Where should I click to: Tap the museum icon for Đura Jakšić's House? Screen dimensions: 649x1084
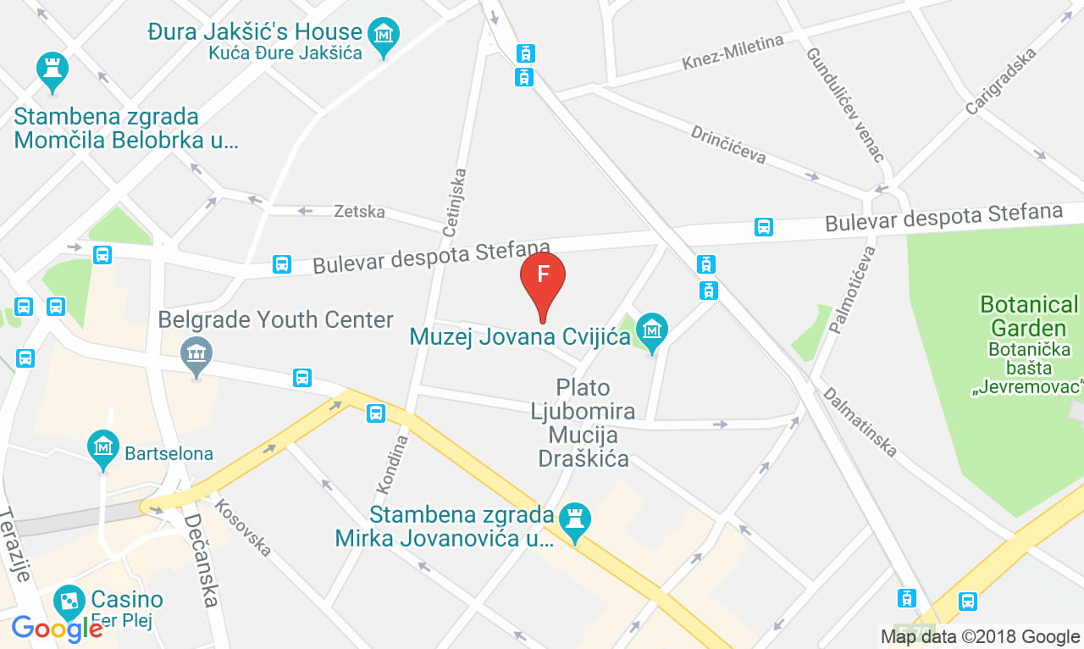tap(384, 36)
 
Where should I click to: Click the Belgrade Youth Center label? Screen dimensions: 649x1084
tap(276, 320)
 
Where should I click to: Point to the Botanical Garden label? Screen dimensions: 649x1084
tap(1029, 316)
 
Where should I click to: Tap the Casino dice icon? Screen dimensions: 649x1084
tap(69, 602)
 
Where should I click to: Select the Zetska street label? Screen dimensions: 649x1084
tap(359, 211)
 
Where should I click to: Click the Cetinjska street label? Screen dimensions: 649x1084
tap(455, 202)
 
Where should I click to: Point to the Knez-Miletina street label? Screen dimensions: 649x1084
tap(733, 53)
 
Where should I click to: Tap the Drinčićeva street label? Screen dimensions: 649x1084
tap(728, 144)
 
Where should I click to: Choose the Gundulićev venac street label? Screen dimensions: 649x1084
tap(844, 104)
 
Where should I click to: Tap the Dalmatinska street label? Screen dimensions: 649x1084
tap(859, 422)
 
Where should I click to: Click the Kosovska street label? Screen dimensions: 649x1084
tap(243, 528)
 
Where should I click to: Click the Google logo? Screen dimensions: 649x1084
tap(57, 628)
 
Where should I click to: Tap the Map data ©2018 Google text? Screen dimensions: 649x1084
tap(979, 636)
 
